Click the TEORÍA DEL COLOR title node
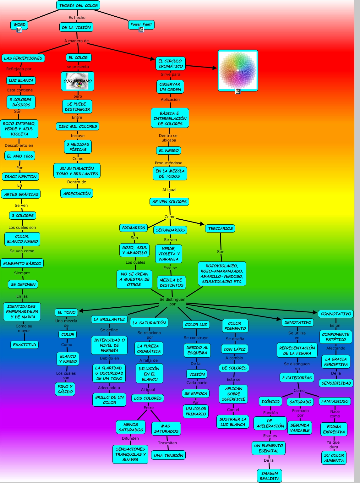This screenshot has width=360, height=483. [78, 5]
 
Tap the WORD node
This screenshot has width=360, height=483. [19, 25]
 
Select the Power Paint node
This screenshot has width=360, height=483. [141, 24]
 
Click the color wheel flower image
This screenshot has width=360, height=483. [238, 70]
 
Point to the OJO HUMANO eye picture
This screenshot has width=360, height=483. [78, 81]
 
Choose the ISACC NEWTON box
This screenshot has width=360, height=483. [20, 177]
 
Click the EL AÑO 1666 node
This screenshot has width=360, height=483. [20, 156]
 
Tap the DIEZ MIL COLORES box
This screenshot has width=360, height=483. [78, 126]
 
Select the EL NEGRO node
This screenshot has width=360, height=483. [169, 151]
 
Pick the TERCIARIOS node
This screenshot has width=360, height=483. [220, 228]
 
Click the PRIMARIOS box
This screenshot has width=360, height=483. [134, 228]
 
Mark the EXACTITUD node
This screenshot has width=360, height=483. [25, 345]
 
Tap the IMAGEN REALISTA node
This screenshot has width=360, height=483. [270, 476]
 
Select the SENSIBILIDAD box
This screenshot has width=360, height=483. [336, 383]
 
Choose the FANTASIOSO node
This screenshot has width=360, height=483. [335, 401]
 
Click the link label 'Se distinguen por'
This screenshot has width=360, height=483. [172, 302]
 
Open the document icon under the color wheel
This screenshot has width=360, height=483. [238, 91]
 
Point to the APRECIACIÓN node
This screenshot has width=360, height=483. [77, 194]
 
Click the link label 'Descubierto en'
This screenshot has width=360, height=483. [19, 145]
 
